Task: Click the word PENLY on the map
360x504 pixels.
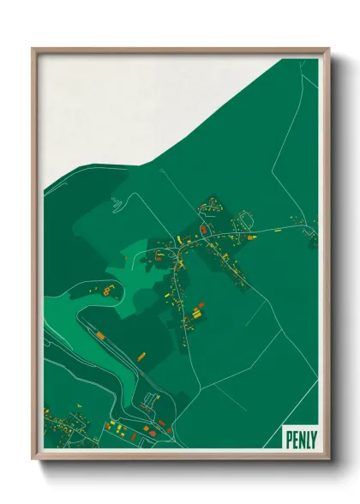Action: [x=300, y=438]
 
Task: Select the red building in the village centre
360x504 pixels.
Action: [x=203, y=230]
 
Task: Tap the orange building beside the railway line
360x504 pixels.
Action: [x=100, y=333]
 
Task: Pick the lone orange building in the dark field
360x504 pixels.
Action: [x=141, y=355]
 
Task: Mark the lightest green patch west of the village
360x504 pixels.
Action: [x=129, y=257]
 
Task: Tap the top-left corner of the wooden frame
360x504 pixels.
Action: [x=33, y=49]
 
